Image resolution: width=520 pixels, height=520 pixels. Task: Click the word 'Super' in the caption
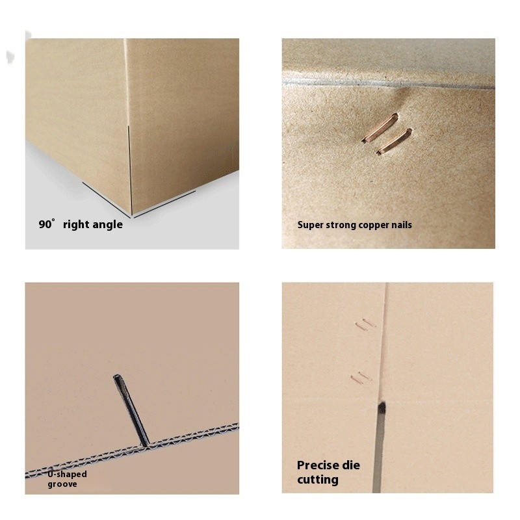(x=310, y=225)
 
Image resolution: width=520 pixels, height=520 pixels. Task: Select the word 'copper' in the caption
(x=374, y=225)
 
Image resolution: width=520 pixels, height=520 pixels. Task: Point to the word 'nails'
(x=401, y=225)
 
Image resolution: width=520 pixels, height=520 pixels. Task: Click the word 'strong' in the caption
(x=342, y=225)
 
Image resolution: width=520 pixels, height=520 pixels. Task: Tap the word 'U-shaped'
(x=67, y=474)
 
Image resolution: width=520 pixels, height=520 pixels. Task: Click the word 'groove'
(x=62, y=484)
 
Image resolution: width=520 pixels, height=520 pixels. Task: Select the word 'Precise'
(x=319, y=465)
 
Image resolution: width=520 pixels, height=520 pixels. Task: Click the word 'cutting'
(x=318, y=480)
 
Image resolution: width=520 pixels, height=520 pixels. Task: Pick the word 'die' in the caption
(x=352, y=465)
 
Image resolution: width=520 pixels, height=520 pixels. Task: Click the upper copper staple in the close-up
(x=380, y=127)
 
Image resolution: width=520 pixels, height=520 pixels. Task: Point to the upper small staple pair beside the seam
(x=365, y=324)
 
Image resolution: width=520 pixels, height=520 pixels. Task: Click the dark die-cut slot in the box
(x=380, y=442)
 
